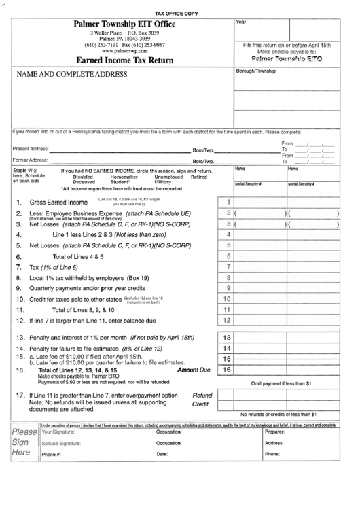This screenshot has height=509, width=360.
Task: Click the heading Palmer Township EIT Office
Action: click(124, 24)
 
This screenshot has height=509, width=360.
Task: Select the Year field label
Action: click(240, 22)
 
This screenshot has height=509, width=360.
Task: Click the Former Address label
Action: click(30, 160)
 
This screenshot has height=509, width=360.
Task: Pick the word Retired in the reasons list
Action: click(199, 177)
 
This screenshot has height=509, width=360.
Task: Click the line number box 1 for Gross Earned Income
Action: click(228, 202)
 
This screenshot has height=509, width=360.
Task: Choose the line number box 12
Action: click(228, 320)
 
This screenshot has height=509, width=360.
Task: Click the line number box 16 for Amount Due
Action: click(228, 370)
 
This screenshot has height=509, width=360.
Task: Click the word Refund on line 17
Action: click(202, 395)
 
